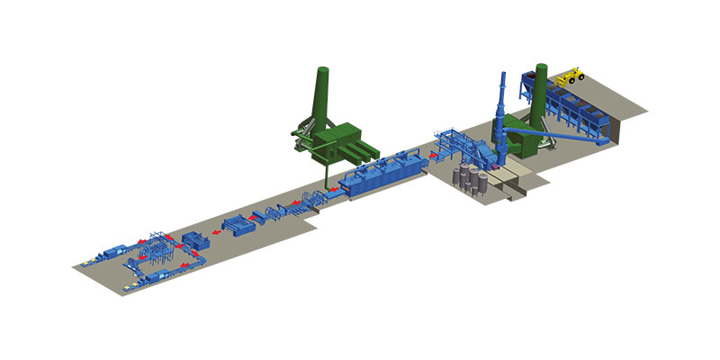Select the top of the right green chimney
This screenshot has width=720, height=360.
pyautogui.click(x=541, y=67)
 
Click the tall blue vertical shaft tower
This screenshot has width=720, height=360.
pyautogui.click(x=501, y=108)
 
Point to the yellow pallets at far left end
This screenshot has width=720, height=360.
pyautogui.click(x=86, y=265)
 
